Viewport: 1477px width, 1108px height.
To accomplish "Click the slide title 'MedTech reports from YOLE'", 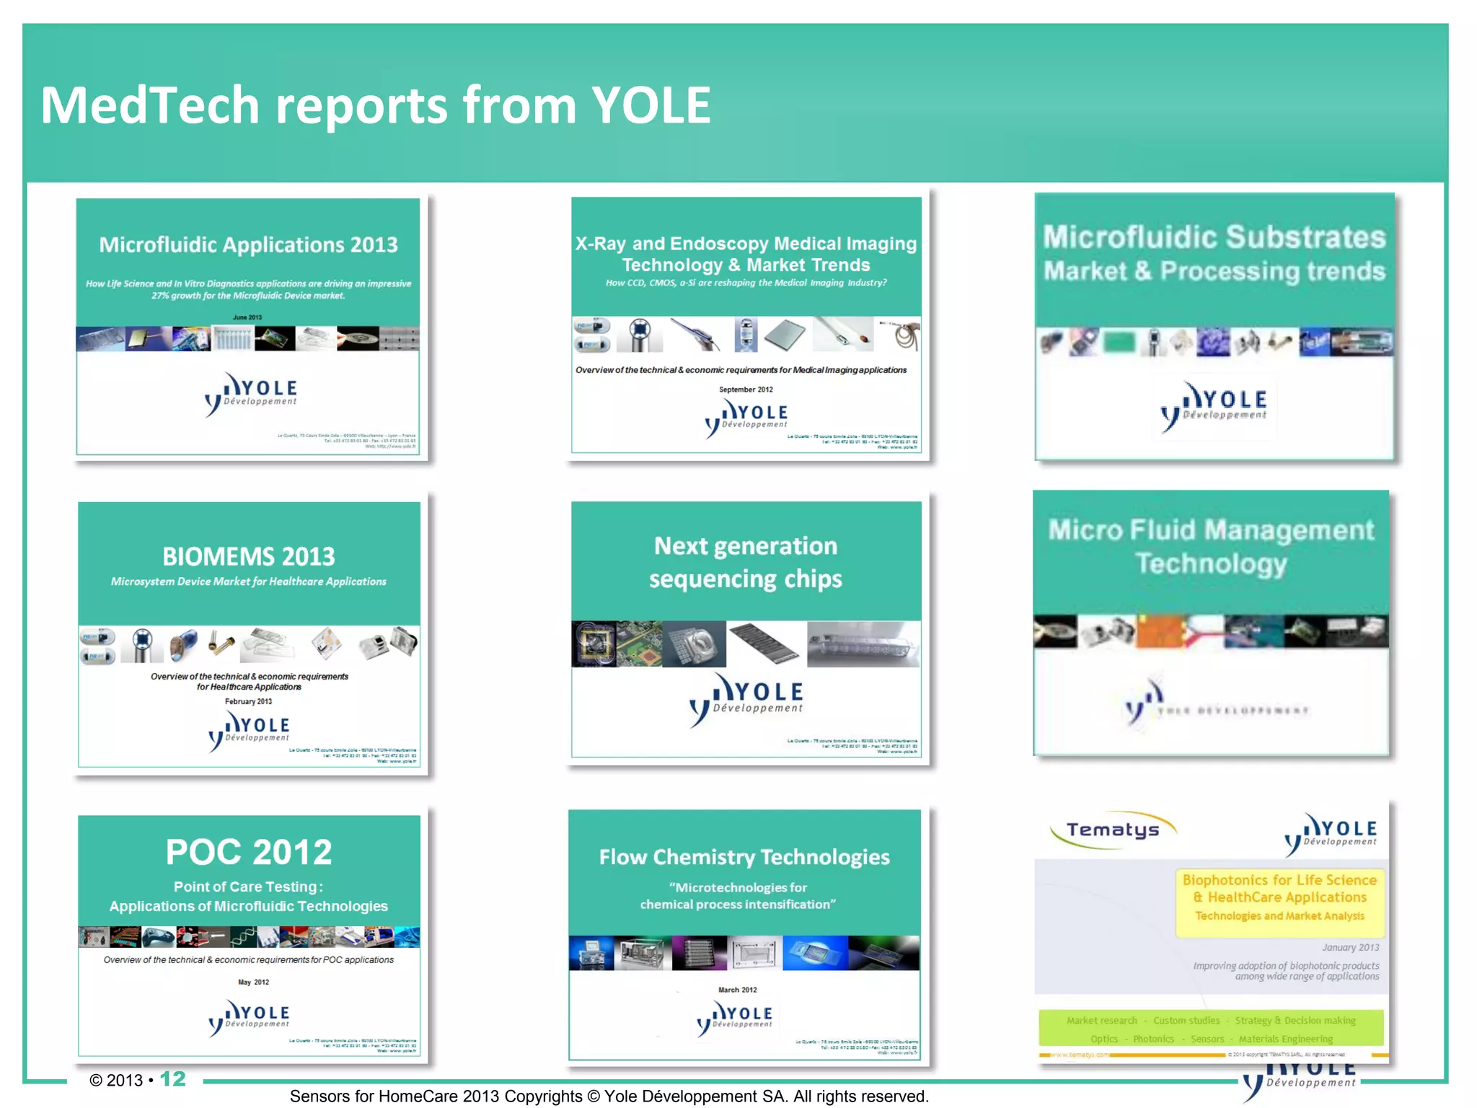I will coord(375,105).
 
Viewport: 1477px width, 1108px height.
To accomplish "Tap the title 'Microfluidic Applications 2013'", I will coord(248,245).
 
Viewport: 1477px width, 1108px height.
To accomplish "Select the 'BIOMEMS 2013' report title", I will coord(249,557).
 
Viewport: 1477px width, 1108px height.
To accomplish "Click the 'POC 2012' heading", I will coord(249,853).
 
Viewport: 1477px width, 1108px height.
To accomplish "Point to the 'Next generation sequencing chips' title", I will coord(746,563).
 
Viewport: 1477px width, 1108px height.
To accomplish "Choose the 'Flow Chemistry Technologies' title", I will coord(744,857).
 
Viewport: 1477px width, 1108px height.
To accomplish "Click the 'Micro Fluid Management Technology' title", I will coord(1211,547).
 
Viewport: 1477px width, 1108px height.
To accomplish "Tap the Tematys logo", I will coord(1113,830).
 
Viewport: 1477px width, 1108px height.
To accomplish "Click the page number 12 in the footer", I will coord(173,1079).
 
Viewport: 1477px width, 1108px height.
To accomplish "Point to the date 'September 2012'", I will coord(746,390).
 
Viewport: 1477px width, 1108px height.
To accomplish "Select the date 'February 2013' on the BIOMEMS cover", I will coord(248,701).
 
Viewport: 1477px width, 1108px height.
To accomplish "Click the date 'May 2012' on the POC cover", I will coord(253,982).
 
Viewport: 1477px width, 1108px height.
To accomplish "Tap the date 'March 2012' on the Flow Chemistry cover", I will coord(737,990).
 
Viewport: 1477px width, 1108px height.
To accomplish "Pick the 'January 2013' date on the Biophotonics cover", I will coord(1350,947).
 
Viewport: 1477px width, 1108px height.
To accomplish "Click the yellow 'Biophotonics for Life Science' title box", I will coord(1279,897).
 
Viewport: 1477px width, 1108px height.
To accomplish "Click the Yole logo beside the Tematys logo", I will coord(1331,833).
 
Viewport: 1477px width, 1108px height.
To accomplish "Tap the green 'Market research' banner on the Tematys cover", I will coord(1211,1029).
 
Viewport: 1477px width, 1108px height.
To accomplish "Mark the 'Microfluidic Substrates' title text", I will coord(1214,237).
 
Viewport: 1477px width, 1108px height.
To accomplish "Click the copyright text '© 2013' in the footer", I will coord(116,1080).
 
